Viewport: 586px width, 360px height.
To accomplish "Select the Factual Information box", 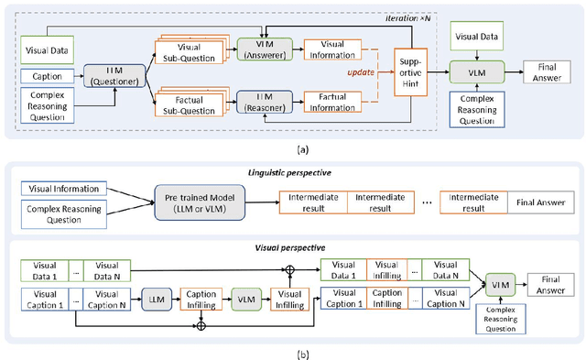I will [331, 98].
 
